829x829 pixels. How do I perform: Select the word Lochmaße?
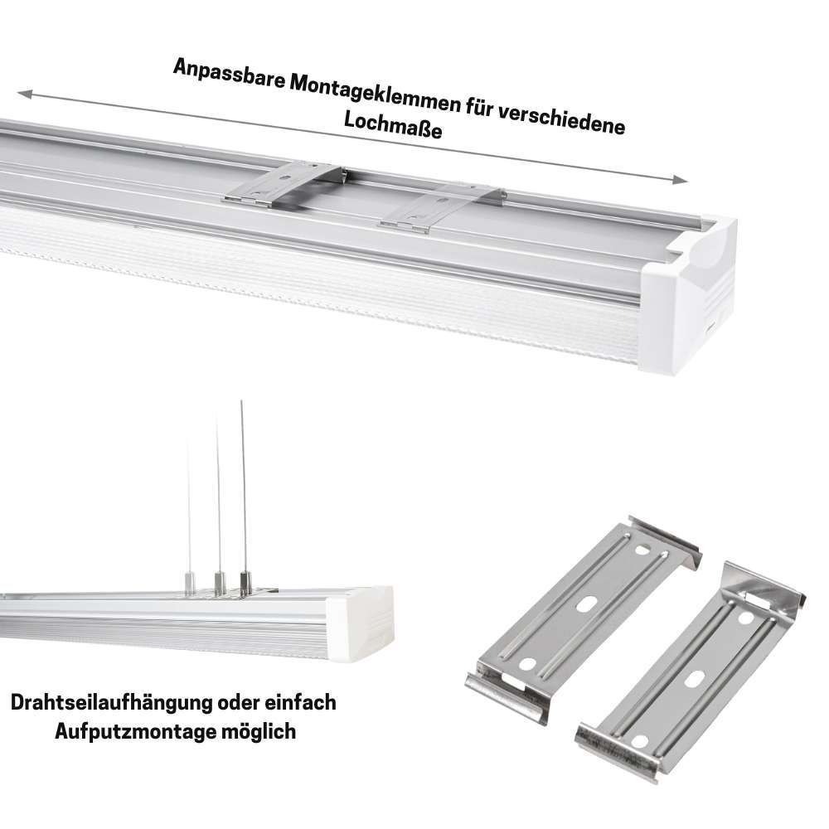(393, 126)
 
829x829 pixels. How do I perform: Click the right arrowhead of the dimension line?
(681, 180)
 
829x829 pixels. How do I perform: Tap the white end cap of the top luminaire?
(687, 296)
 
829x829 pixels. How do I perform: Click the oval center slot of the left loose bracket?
(585, 605)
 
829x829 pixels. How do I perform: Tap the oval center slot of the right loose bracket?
(694, 680)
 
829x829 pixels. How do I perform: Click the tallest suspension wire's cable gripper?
(245, 583)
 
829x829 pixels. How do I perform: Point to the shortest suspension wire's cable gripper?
(190, 583)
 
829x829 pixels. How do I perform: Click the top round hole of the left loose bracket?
(642, 550)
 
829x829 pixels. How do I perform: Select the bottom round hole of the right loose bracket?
(638, 742)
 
